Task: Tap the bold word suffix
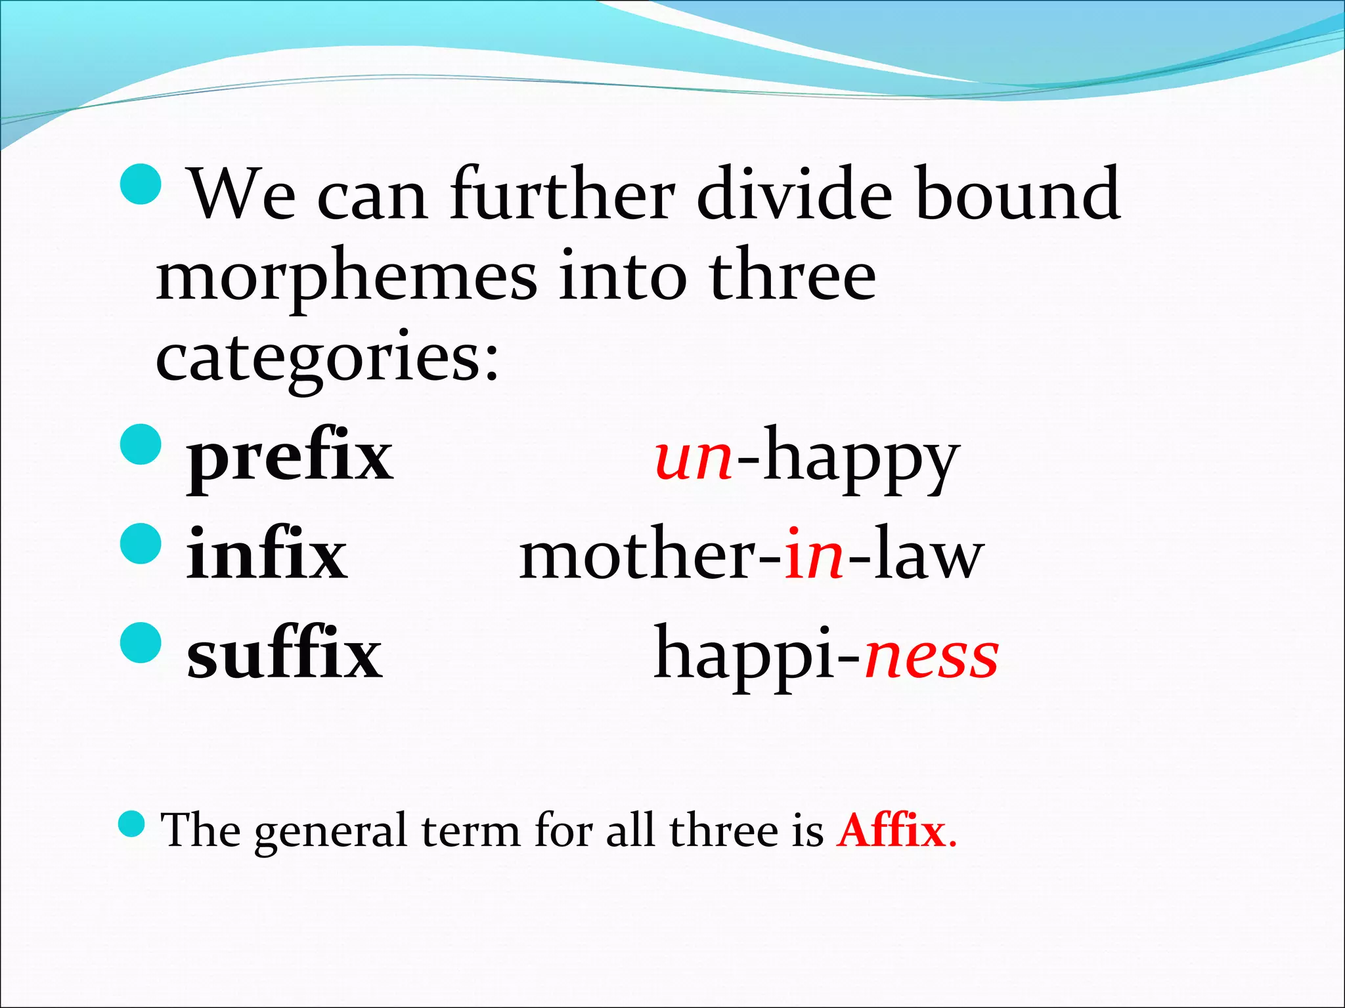click(284, 655)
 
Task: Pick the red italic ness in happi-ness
click(932, 655)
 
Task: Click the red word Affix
click(891, 831)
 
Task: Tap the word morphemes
click(346, 279)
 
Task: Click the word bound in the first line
click(1017, 194)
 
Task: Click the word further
click(562, 194)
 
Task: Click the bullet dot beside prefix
click(141, 444)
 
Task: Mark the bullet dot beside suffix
click(141, 643)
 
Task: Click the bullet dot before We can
click(141, 184)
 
